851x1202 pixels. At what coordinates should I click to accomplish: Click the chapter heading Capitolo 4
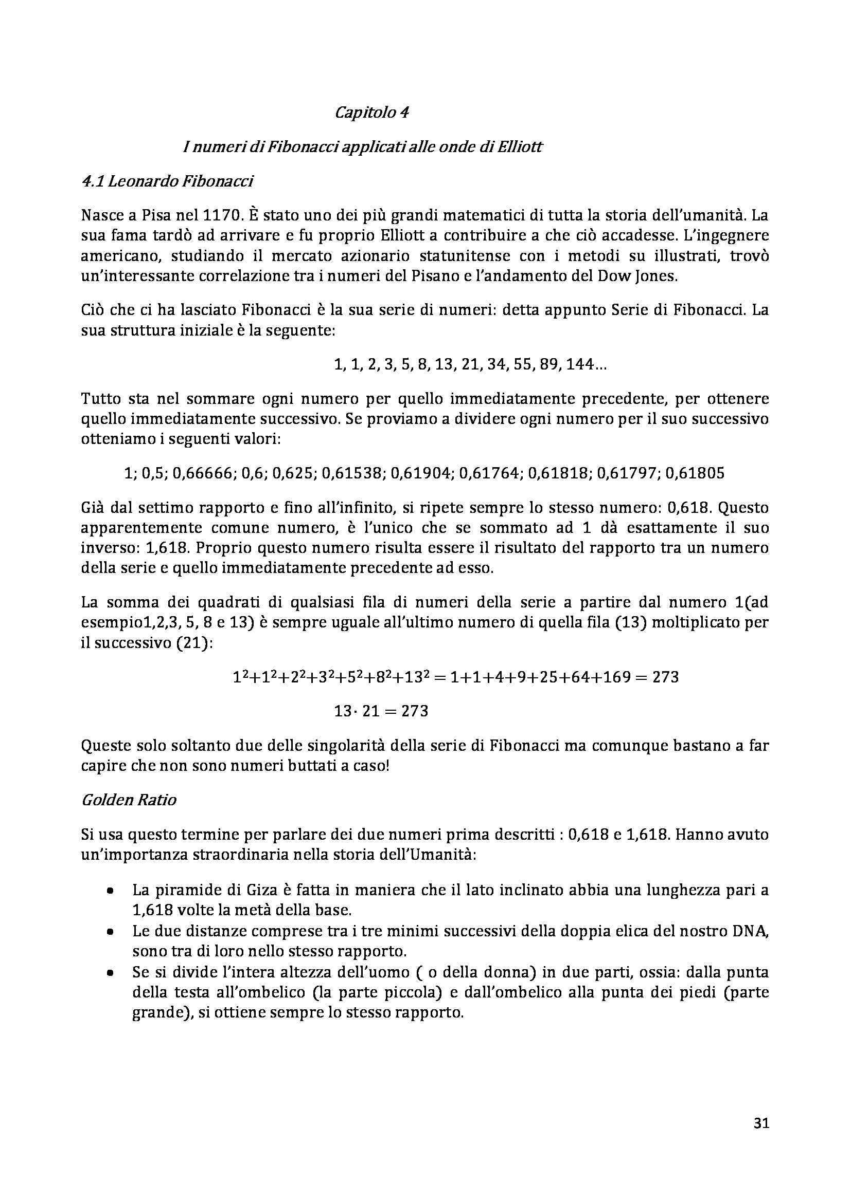coord(371,112)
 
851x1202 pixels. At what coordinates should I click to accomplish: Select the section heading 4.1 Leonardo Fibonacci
coord(167,181)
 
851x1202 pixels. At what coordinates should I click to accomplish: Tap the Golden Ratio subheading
coord(129,800)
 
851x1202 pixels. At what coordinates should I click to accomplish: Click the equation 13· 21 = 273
coord(381,711)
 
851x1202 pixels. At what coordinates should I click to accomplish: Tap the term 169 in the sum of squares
coord(612,677)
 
